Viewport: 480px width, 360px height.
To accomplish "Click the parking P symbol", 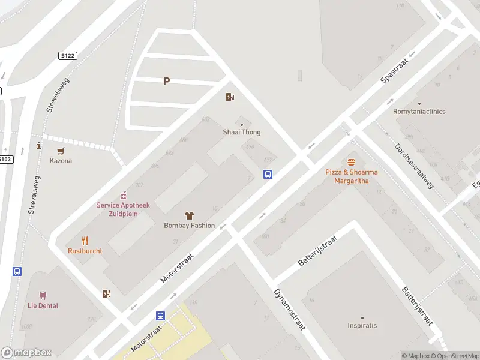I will click(166, 82).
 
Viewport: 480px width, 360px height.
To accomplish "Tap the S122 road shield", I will click(68, 56).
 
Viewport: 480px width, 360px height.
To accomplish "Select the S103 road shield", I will click(5, 159).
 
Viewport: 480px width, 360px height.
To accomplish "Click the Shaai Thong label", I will click(242, 132).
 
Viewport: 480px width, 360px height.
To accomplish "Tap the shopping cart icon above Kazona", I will click(61, 151).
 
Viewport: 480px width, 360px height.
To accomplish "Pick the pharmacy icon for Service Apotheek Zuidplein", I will click(124, 195).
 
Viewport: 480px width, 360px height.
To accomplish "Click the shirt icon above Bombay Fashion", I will click(189, 215).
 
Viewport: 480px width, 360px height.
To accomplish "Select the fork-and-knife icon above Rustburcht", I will click(85, 241).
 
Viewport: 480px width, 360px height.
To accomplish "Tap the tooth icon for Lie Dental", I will click(43, 295).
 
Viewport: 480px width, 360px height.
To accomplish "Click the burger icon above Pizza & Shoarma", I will click(351, 162).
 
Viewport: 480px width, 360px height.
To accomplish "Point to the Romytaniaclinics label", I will click(419, 112).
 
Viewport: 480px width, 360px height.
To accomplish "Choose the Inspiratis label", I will click(362, 326).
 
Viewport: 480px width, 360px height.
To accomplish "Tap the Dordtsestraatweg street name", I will click(414, 166).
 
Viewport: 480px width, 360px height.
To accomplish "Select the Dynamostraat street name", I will click(290, 310).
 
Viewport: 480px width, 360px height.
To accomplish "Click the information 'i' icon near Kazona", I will click(38, 145).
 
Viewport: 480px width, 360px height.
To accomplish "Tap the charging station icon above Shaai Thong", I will click(230, 97).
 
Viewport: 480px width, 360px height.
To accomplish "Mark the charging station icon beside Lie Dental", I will click(106, 293).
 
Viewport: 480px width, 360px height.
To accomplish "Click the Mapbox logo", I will click(26, 353).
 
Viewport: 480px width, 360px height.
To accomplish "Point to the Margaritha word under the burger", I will click(352, 180).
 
